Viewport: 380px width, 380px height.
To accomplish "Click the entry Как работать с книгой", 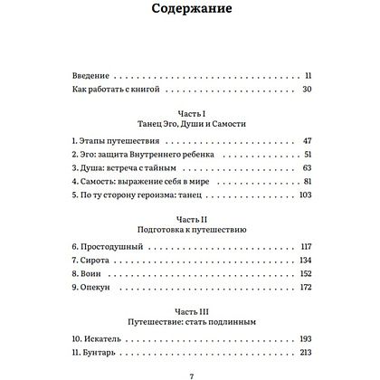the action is coord(118,90).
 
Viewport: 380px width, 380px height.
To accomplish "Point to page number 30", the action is coord(307,90).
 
